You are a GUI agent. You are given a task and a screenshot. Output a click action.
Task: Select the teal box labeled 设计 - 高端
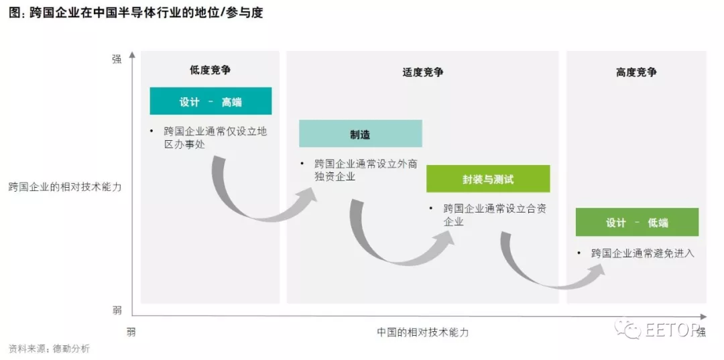click(210, 101)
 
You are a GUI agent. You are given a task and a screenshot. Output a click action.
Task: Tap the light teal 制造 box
click(360, 134)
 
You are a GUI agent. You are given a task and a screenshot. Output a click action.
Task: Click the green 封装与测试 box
click(488, 179)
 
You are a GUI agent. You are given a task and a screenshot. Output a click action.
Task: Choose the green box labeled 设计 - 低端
click(637, 223)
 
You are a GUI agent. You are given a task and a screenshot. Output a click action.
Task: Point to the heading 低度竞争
click(210, 70)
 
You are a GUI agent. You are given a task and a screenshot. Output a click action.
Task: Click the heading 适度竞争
click(423, 72)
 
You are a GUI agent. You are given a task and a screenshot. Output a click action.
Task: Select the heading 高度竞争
click(636, 72)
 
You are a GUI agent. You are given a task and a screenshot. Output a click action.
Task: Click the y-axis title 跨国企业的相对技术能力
click(65, 187)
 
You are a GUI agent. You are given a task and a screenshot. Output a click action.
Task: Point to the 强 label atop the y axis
click(117, 59)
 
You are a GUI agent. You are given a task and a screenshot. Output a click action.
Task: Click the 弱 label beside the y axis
click(117, 310)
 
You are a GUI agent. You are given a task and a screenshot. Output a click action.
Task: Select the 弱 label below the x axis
click(131, 331)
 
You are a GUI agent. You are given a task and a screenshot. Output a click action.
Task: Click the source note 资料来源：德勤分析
click(49, 349)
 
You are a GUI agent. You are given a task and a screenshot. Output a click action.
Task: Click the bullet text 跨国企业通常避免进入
click(642, 253)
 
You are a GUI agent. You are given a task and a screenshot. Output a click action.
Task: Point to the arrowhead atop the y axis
click(132, 54)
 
